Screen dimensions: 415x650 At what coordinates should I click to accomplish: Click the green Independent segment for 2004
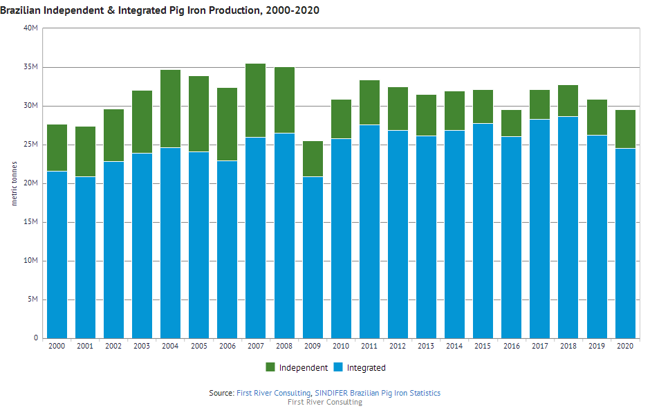point(170,109)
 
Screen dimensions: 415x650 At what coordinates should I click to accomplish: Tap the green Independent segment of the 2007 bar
point(255,100)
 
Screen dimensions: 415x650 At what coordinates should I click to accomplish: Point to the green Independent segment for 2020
point(624,129)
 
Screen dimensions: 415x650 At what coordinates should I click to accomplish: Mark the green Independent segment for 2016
point(511,123)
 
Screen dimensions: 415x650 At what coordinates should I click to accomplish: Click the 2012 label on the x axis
point(397,346)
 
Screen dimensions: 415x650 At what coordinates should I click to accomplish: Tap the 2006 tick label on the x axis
point(227,346)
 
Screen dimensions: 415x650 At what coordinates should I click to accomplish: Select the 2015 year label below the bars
point(483,346)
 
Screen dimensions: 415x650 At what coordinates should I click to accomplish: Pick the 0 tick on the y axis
point(36,338)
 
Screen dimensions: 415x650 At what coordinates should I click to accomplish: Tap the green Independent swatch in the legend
point(270,367)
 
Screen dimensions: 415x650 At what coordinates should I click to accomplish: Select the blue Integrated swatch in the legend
point(339,367)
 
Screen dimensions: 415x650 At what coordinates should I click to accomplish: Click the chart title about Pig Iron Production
point(160,10)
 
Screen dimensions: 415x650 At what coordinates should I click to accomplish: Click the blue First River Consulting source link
point(274,393)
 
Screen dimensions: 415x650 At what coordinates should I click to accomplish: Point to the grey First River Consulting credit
point(324,402)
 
